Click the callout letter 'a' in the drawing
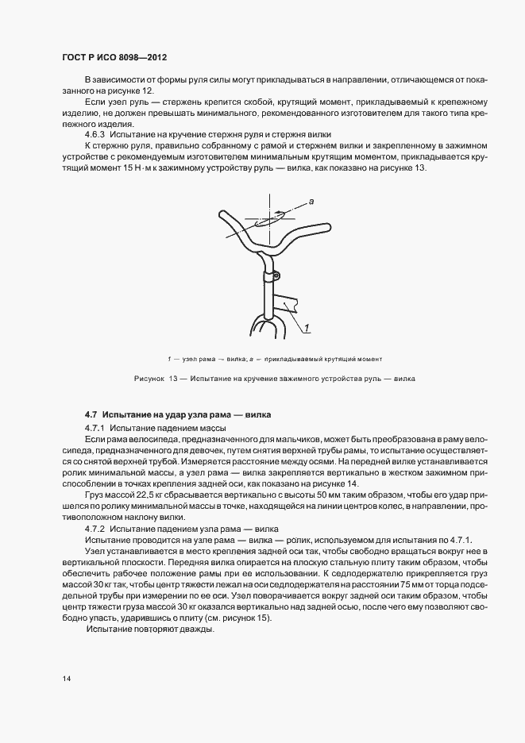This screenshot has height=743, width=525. [312, 203]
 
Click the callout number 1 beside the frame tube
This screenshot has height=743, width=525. [305, 327]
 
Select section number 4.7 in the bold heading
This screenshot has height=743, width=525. [91, 414]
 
